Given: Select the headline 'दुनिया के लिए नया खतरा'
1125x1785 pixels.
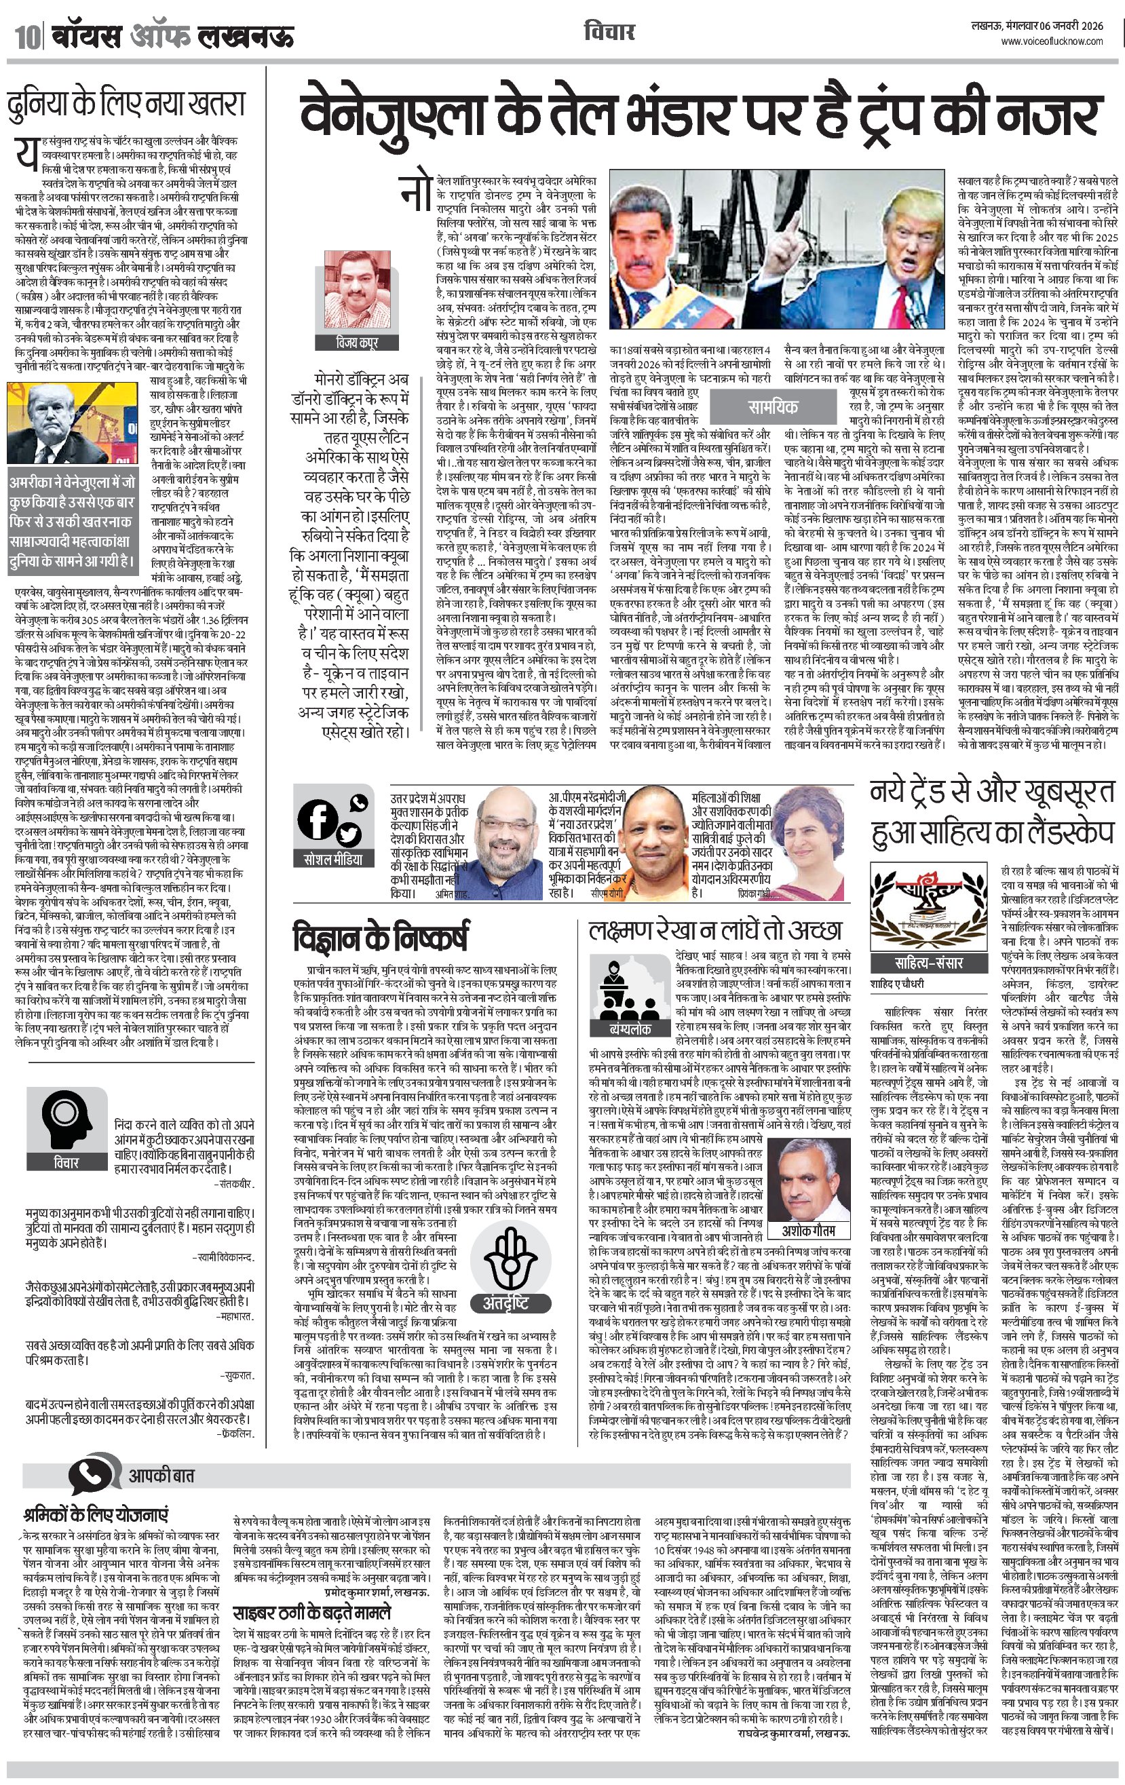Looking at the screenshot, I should point(126,104).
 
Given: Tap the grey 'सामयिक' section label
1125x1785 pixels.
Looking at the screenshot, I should point(772,406).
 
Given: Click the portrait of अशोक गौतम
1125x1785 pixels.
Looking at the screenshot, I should point(807,1185).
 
